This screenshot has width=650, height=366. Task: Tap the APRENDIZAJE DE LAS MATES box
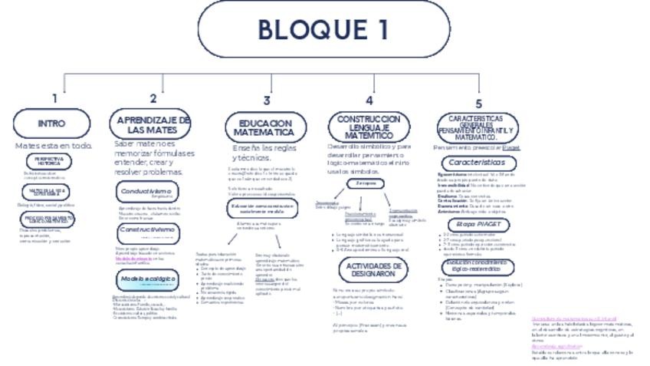[x=153, y=124]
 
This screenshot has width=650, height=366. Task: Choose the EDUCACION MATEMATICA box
[x=264, y=127]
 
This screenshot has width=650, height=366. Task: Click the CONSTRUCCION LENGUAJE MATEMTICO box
[x=369, y=126]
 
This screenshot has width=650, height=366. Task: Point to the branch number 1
[x=54, y=98]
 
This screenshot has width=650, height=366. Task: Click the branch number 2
[x=153, y=98]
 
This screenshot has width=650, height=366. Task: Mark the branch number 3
[x=267, y=101]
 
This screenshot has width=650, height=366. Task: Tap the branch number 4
[x=369, y=101]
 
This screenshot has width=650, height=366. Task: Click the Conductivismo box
[x=146, y=192]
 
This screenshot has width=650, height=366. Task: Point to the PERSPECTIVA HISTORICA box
[x=49, y=161]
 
